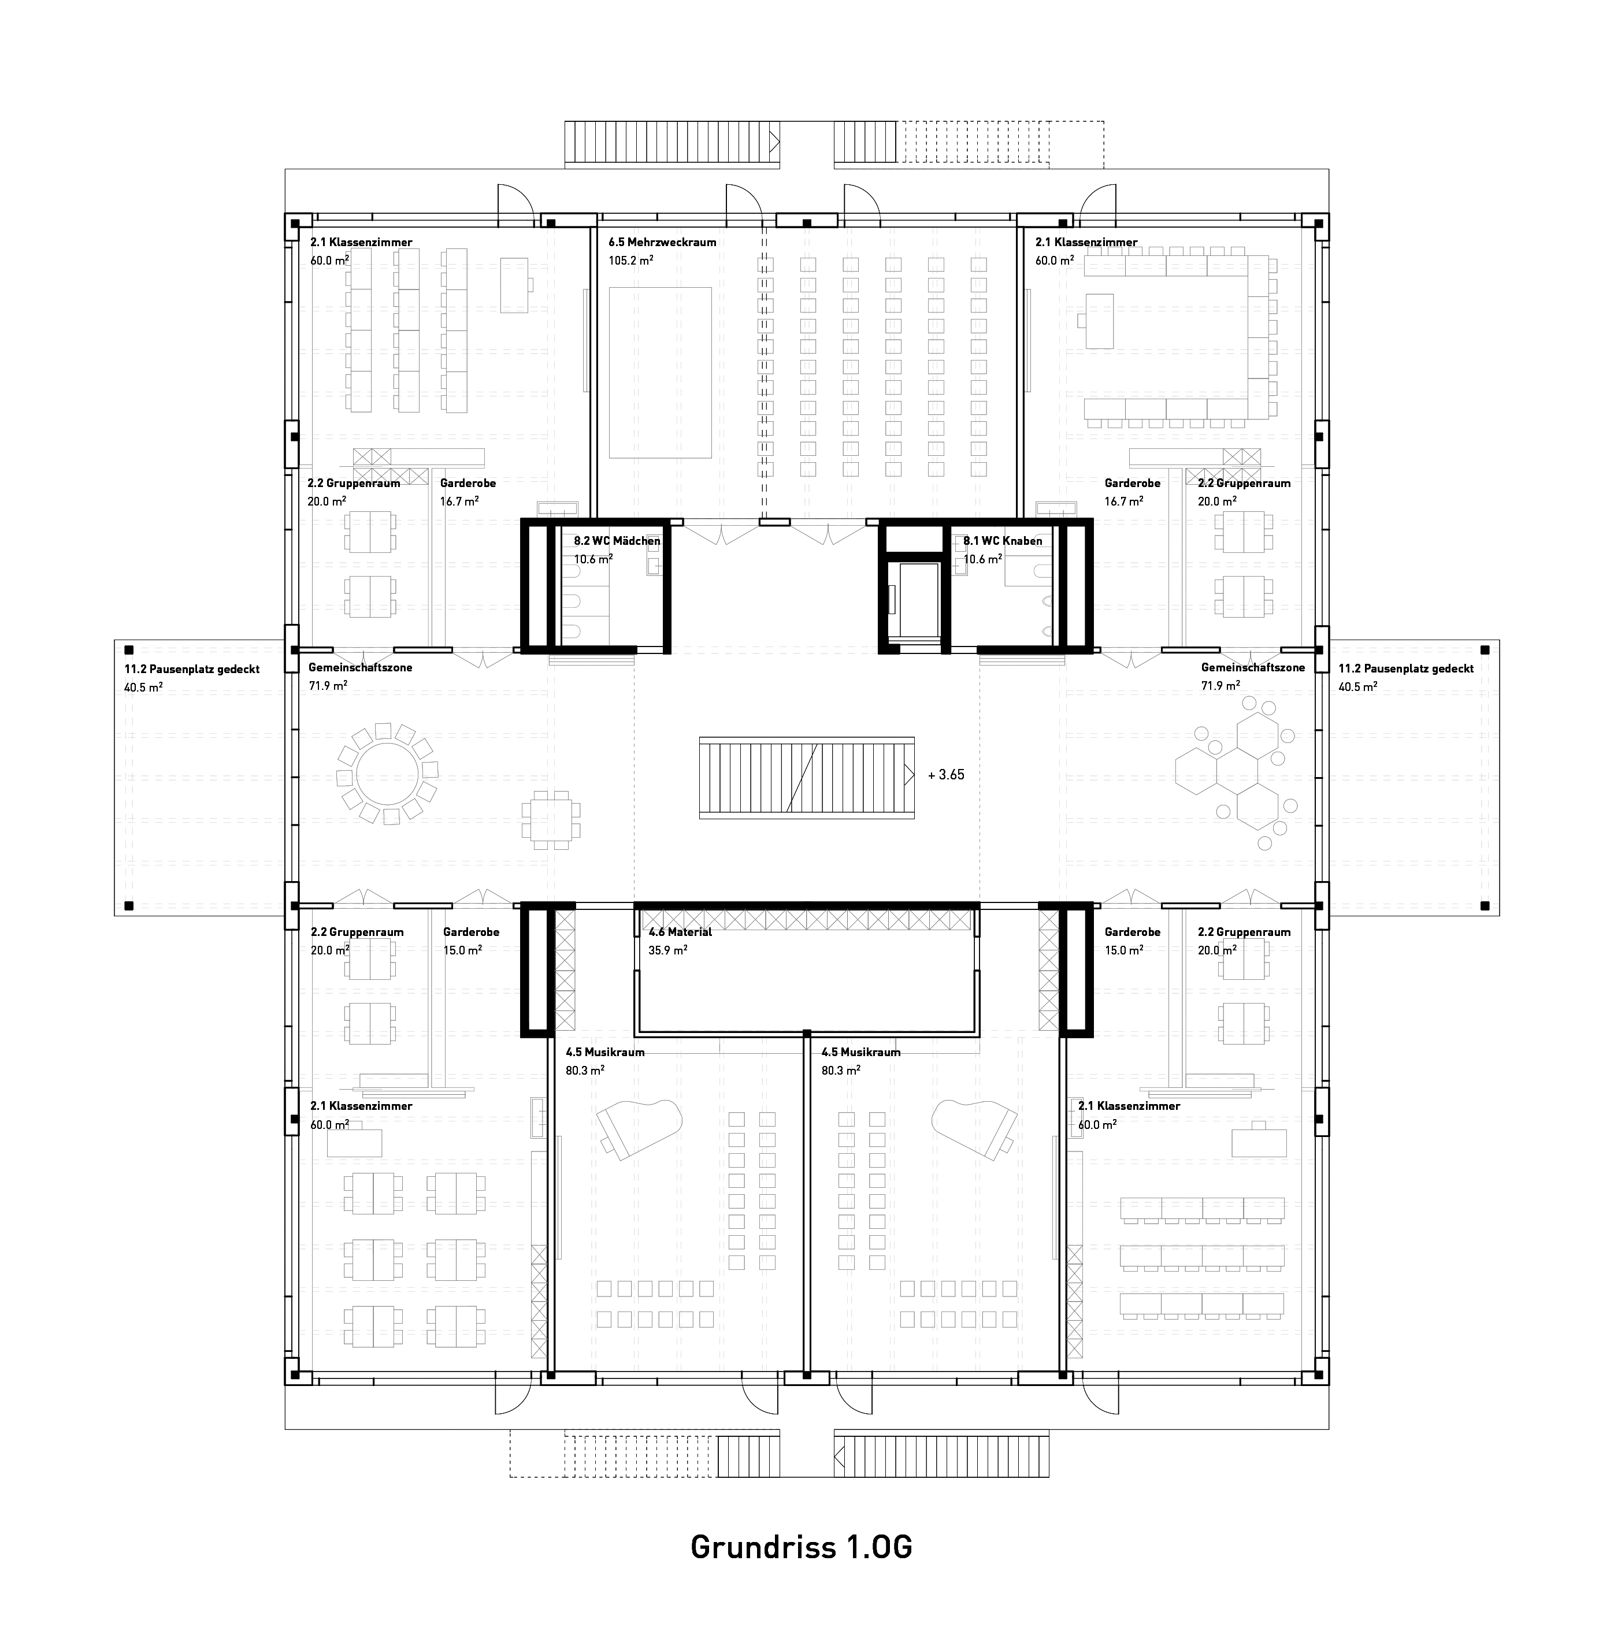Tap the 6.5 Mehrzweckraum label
tap(663, 243)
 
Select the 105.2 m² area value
tap(632, 261)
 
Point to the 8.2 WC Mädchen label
tap(617, 541)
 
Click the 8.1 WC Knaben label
tap(1003, 541)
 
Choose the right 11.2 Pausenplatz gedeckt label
tap(1407, 669)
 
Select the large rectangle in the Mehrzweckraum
tap(660, 373)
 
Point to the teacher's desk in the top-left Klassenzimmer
tap(515, 285)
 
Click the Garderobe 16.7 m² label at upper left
tap(468, 492)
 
